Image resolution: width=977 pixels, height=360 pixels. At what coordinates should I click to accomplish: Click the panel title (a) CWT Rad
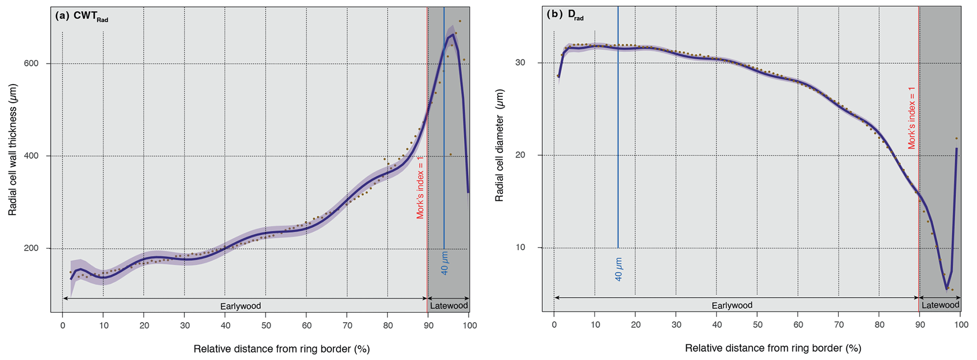82,16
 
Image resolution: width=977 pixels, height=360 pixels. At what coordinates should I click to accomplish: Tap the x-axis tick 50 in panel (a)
266,325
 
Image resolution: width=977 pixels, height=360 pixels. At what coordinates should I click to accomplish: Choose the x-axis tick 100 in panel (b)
960,325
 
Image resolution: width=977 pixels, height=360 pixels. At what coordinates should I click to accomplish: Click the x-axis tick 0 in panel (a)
63,325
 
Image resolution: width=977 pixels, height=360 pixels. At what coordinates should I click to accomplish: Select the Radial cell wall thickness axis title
13,150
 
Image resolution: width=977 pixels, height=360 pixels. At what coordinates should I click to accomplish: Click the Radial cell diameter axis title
500,145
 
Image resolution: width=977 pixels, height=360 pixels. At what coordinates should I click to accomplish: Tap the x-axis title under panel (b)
773,349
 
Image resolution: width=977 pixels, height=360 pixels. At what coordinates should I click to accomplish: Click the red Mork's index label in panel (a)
420,188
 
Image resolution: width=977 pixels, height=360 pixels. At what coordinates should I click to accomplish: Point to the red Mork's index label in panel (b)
912,118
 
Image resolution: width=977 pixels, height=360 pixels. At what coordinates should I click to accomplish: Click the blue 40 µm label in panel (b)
618,269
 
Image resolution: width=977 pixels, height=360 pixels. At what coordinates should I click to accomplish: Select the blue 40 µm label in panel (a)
444,263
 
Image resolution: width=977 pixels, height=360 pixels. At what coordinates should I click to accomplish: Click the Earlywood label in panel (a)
241,306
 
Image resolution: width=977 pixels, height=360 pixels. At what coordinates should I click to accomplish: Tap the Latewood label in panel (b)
940,305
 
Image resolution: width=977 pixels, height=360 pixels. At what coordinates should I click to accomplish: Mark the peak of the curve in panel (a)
453,35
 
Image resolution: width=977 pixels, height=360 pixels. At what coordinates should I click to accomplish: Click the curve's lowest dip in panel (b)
947,289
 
